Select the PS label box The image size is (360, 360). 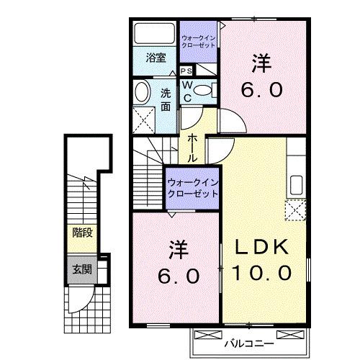186,71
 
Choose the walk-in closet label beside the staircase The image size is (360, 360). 192,188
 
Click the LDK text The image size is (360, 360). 264,247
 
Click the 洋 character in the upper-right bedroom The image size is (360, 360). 262,63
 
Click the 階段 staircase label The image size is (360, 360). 81,232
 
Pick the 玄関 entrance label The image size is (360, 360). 81,270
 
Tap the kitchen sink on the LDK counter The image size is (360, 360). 295,184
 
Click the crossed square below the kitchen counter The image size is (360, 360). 296,211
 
